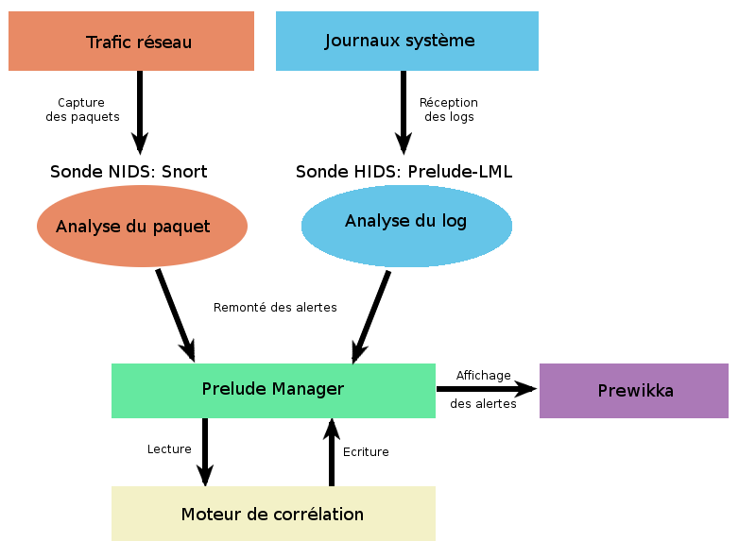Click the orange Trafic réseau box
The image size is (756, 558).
pos(131,42)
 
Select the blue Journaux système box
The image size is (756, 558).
pos(406,41)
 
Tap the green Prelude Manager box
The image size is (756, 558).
pos(273,390)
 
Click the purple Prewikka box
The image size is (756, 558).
pos(634,390)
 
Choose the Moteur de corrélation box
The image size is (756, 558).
pos(273,514)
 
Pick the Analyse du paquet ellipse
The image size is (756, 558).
pos(142,227)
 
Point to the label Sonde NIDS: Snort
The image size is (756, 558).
pos(129,172)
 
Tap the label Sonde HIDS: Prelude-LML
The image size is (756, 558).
pos(404,172)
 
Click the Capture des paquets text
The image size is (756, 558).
pos(82,110)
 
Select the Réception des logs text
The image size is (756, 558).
pos(449,110)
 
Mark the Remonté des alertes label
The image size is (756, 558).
pos(275,307)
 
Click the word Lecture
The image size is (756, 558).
pos(169,449)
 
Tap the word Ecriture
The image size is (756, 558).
pos(366,452)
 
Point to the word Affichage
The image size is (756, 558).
pos(483,375)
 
